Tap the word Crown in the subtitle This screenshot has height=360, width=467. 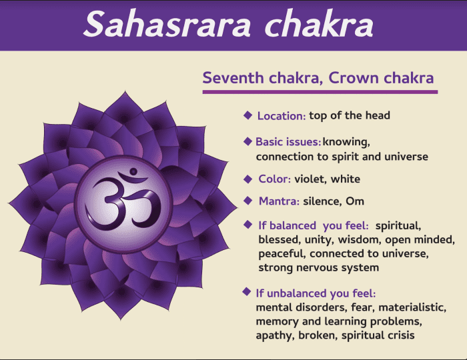click(358, 77)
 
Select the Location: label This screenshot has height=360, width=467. click(282, 116)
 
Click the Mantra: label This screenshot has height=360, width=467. click(279, 201)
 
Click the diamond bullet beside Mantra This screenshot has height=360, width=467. click(248, 200)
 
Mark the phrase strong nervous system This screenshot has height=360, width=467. click(318, 267)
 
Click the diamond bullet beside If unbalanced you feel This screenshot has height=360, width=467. click(247, 292)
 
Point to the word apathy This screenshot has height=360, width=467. click(275, 335)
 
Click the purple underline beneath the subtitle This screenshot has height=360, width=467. click(320, 92)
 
